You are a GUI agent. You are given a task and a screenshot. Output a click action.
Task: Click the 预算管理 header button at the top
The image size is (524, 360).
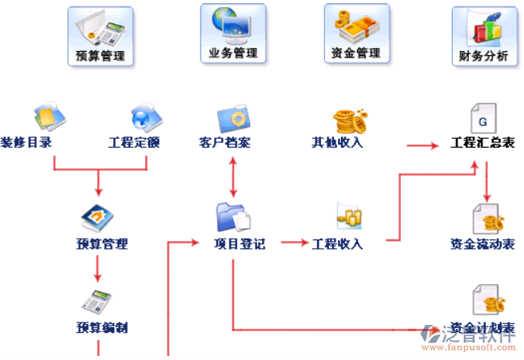coord(100,36)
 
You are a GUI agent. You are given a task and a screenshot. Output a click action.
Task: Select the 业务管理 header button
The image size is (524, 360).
coord(233,34)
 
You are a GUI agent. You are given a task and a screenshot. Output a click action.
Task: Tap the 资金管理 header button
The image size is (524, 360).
coord(356,34)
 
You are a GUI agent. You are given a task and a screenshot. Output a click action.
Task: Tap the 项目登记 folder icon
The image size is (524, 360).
coord(233,217)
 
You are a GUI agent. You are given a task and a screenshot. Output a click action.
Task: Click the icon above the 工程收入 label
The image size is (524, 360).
coord(349,216)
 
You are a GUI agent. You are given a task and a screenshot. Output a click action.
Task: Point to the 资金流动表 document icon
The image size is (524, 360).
coord(486,218)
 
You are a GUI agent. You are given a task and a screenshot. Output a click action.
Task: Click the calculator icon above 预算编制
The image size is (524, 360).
coord(98,302)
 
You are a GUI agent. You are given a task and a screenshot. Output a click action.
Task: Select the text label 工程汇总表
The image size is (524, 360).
coord(482,144)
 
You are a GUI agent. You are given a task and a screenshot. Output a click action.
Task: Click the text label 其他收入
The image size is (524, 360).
coord(337,143)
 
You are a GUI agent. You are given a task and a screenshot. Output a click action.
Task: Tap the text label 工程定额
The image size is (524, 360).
coord(134,144)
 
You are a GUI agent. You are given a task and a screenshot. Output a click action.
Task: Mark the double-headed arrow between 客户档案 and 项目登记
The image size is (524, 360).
coord(233,177)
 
